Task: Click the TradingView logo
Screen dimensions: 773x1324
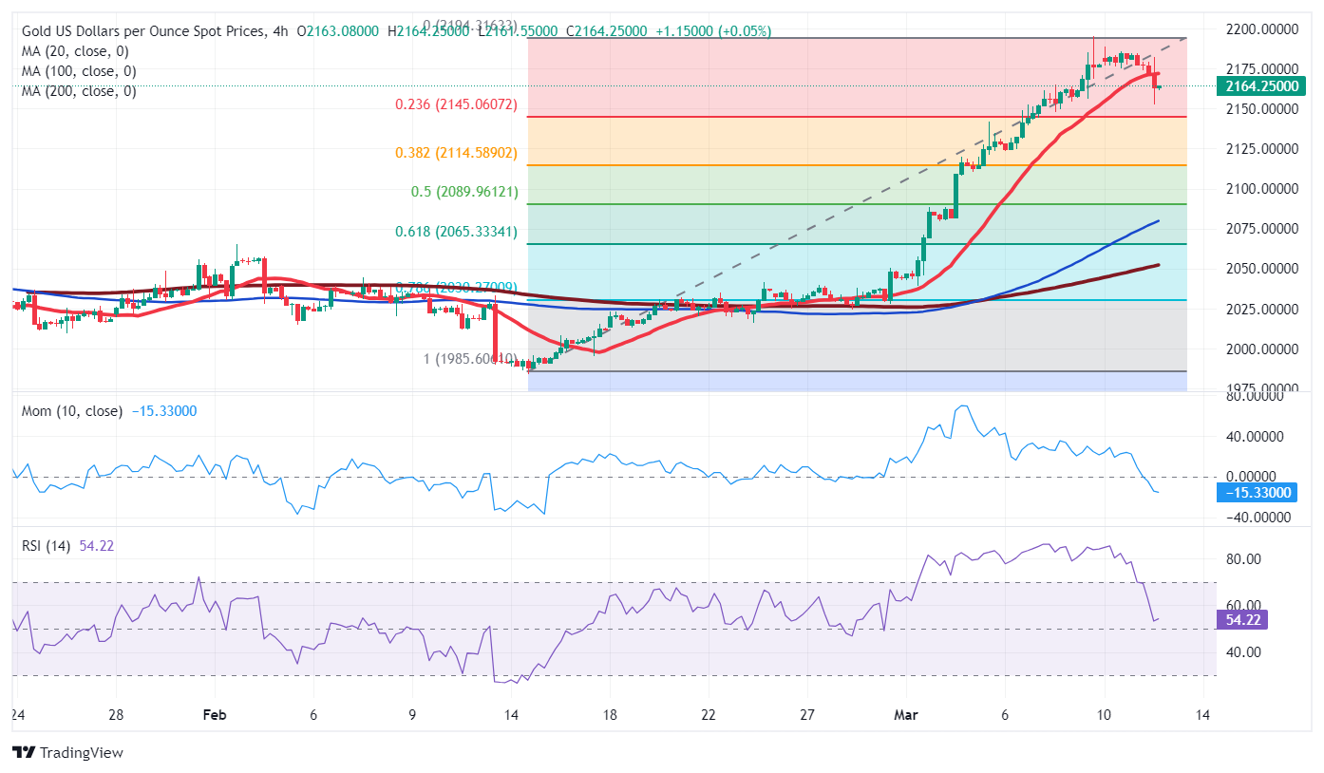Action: [67, 752]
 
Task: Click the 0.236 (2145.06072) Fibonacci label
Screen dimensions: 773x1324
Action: [456, 104]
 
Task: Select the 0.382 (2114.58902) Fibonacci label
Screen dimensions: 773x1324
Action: [456, 153]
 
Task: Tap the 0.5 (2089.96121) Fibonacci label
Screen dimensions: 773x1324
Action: [464, 192]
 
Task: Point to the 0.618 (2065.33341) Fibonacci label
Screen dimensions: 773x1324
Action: [456, 232]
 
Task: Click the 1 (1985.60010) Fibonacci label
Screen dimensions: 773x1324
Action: [469, 359]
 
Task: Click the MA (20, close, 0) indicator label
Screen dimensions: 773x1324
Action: [75, 51]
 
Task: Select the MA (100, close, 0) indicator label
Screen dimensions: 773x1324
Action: [79, 71]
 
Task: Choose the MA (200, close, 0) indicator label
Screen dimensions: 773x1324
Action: [79, 91]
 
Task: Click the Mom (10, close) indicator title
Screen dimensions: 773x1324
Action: [72, 411]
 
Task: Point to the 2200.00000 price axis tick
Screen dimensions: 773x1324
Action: [1258, 29]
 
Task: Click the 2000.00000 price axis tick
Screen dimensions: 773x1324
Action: [1258, 349]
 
